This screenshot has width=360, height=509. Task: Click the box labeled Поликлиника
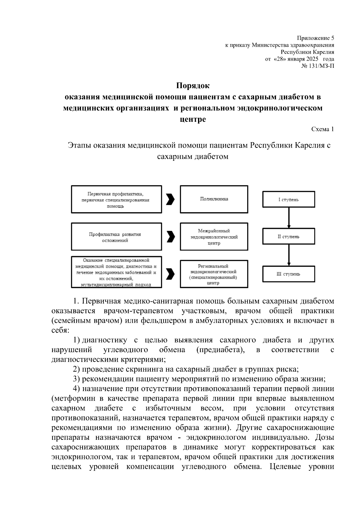214,199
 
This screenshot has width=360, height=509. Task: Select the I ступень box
288,200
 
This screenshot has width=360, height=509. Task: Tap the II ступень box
288,237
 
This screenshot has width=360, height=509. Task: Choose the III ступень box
288,274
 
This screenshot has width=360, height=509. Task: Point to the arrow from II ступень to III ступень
289,255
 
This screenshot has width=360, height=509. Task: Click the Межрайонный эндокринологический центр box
214,237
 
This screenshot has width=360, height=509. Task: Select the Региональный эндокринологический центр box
214,274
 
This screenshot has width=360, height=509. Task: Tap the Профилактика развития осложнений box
116,237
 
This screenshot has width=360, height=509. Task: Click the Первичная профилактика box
116,199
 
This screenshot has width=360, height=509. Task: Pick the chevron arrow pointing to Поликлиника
170,199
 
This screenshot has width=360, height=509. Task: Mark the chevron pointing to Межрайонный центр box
170,237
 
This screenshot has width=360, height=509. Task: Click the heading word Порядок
193,86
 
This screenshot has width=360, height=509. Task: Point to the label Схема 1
322,129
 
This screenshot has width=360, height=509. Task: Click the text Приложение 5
315,38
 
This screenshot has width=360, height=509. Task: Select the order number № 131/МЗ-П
318,66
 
